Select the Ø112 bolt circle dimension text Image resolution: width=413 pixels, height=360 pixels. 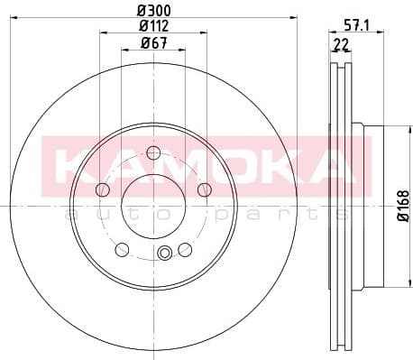point(152,26)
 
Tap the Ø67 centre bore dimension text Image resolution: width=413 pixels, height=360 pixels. point(152,43)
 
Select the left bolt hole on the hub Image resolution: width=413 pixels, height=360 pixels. point(102,189)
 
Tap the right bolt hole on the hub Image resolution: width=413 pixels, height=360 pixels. point(204,189)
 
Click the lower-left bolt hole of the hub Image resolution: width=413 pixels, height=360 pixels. point(122,248)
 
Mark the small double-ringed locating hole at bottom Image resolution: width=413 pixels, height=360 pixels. point(163,253)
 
